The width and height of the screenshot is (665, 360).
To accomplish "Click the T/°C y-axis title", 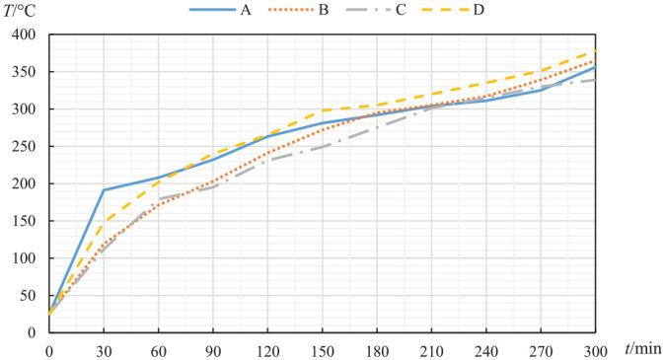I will [x=21, y=11].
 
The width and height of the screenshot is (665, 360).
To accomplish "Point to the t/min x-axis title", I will [x=642, y=348].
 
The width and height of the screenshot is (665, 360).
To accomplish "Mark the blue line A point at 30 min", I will [x=104, y=190].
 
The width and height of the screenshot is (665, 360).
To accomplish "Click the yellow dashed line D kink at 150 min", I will [x=322, y=110].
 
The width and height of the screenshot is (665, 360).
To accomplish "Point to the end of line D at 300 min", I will [x=594, y=50].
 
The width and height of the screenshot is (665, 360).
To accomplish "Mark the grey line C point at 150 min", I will [x=322, y=147].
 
